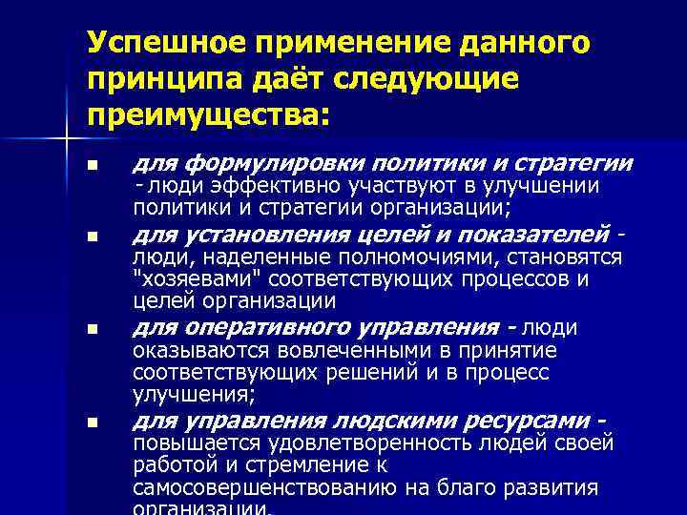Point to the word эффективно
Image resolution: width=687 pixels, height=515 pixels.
point(266,187)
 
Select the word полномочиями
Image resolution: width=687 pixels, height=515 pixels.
point(399,258)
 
